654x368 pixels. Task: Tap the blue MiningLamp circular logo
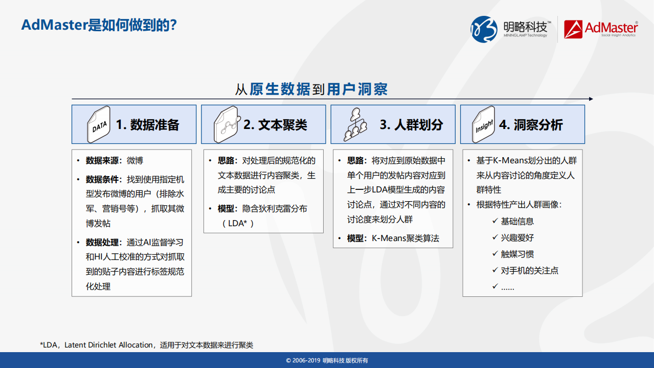point(483,29)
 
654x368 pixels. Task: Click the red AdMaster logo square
point(573,29)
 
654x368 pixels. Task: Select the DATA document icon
point(99,124)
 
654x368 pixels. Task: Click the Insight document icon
point(483,124)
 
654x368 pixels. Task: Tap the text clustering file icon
point(227,124)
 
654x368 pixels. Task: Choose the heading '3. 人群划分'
point(411,125)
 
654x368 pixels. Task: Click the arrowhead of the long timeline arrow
point(591,99)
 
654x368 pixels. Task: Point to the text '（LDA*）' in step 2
point(237,223)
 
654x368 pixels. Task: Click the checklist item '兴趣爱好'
point(517,238)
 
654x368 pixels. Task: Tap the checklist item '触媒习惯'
point(517,254)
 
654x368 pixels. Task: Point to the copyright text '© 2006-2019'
point(303,360)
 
